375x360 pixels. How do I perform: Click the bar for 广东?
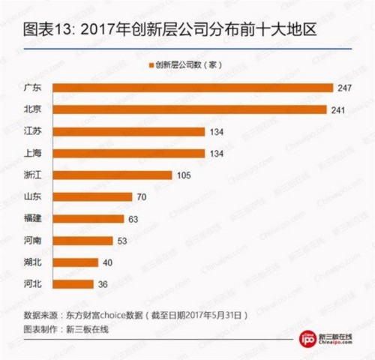[x=193, y=88]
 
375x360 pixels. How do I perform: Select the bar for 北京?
[x=190, y=109]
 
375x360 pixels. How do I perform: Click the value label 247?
[x=345, y=88]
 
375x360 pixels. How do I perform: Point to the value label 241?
[x=340, y=109]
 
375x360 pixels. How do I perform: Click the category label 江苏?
[x=34, y=132]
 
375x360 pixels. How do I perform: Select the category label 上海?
[x=34, y=154]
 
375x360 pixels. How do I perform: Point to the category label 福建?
[x=34, y=219]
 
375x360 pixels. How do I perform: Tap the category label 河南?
[x=34, y=241]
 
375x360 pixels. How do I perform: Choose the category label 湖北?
[x=34, y=262]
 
